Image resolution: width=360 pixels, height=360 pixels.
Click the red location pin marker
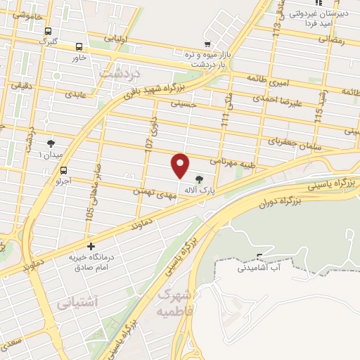[x=181, y=166]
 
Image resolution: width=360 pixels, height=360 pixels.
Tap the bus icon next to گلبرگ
[x=48, y=32]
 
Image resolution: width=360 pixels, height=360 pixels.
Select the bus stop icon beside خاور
[x=79, y=46]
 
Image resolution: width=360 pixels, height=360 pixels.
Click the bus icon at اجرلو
[x=64, y=169]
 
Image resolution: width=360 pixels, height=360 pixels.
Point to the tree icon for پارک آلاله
[x=199, y=180]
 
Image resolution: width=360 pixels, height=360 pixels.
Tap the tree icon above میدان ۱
[x=50, y=143]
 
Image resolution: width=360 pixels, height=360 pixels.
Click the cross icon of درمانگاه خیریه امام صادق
[x=91, y=246]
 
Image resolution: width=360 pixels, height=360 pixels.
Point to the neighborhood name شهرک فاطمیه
[x=175, y=300]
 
